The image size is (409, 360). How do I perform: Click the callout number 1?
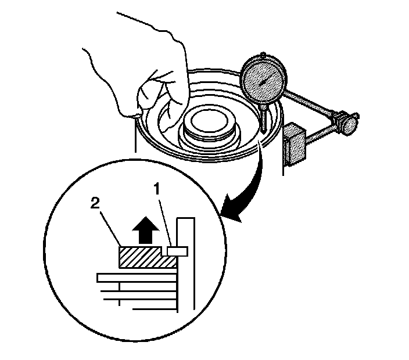click(x=156, y=189)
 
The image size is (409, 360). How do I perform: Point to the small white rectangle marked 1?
click(x=176, y=251)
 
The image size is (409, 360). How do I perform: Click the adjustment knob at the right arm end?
click(x=350, y=123)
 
